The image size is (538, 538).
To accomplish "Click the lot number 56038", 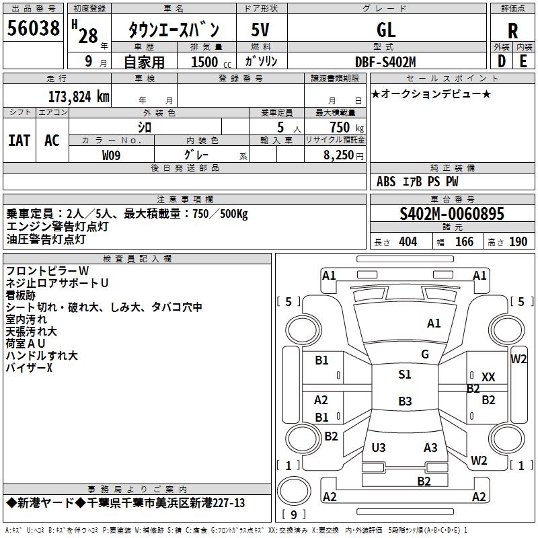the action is pos(33,28).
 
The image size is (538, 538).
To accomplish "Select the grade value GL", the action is pos(386,30).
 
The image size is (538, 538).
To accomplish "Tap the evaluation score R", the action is pos(512,31).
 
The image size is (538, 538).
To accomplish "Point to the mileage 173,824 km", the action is pos(79,97).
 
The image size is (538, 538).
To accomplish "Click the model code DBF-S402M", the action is pos(385,62).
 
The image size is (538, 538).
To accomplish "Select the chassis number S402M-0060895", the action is pos(452,214).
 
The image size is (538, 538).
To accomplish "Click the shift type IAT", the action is pos(20,141).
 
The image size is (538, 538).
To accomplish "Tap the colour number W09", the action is pos(111,155).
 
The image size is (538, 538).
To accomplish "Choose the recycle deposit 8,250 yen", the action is pos(344,155).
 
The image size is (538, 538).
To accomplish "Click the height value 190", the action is pos(518,242).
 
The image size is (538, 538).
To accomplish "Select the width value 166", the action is pos(464,242).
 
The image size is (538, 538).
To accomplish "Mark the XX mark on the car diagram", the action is pos(488,377).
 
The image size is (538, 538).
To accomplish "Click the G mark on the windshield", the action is pos(425,354).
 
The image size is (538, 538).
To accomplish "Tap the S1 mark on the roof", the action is pos(405,375).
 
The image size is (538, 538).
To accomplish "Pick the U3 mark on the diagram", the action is pos(379,447).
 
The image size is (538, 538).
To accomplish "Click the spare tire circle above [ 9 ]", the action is pos(294,491).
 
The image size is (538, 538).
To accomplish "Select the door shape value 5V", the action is pos(260,30).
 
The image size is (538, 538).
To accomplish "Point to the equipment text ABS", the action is pos(386,182).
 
